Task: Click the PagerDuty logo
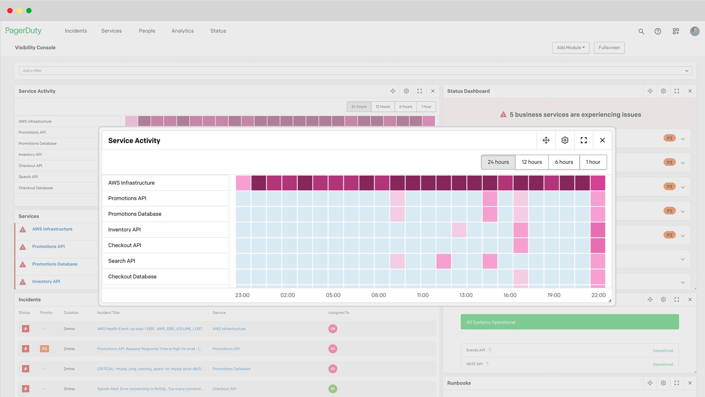[x=23, y=31]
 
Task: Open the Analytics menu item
[x=182, y=31]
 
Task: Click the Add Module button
[x=571, y=48]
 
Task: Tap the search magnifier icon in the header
[x=641, y=32]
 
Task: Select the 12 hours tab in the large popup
[x=532, y=162]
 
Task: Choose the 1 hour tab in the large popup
[x=593, y=162]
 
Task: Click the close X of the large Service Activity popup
[x=602, y=140]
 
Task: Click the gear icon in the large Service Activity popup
[x=565, y=140]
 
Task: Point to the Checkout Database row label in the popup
[x=132, y=277]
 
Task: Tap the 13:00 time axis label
[x=466, y=295]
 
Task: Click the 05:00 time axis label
[x=333, y=295]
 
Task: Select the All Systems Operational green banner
[x=570, y=322]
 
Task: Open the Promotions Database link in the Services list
[x=55, y=264]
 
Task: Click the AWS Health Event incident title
[x=149, y=329]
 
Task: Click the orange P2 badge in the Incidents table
[x=44, y=349]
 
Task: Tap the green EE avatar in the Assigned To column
[x=333, y=389]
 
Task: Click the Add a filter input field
[x=352, y=71]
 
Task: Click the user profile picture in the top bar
[x=695, y=32]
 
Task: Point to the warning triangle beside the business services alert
[x=503, y=115]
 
